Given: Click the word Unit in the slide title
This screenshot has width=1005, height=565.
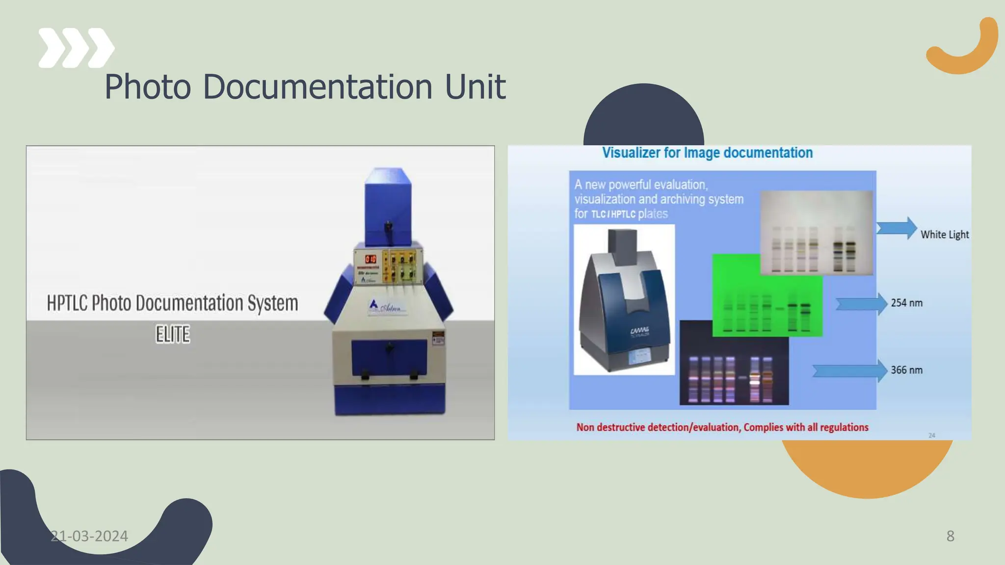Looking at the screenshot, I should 475,87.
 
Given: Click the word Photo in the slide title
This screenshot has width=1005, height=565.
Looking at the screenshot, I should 148,87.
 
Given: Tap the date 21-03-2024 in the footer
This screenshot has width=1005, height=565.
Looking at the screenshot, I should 89,536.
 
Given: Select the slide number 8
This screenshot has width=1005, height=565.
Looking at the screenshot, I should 950,536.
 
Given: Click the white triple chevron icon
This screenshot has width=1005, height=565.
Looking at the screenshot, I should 76,48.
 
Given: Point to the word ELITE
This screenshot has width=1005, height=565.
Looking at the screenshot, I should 173,334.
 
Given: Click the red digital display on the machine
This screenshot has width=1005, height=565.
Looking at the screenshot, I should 370,259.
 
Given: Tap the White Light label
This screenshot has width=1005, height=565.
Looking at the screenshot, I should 944,235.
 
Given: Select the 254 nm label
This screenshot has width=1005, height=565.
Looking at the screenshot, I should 906,303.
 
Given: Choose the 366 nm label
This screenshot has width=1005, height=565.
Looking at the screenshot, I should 906,370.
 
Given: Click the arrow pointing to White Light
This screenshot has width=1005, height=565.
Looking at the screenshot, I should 897,228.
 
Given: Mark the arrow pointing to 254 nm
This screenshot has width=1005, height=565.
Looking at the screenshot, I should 862,304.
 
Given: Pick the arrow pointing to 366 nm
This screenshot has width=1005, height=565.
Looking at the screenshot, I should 850,371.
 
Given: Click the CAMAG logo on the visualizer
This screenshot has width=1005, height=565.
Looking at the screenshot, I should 639,332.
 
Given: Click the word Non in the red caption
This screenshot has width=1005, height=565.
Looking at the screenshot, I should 585,428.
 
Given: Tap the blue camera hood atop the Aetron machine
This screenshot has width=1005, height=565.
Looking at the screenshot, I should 388,206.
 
